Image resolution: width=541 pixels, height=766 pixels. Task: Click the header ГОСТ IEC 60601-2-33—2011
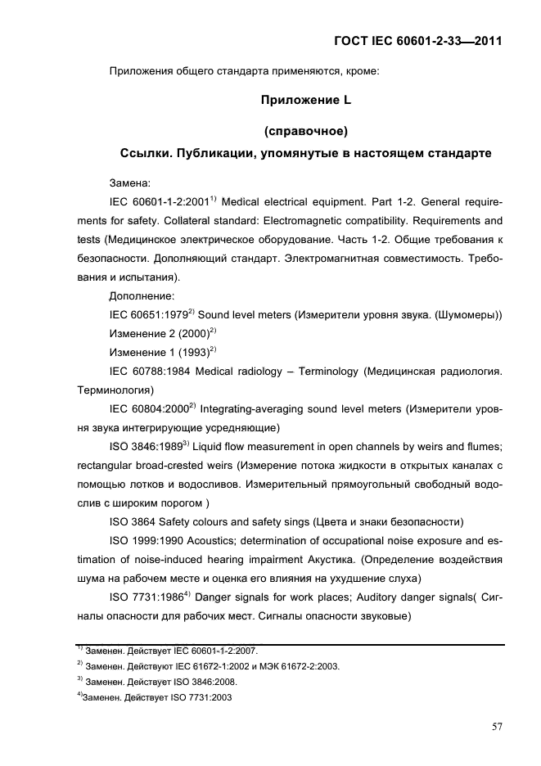(x=417, y=40)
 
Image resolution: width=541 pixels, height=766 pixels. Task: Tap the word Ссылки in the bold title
(x=145, y=153)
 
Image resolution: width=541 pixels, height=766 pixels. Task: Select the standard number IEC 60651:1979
(x=148, y=315)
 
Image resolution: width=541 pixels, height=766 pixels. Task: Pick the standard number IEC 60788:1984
(x=148, y=372)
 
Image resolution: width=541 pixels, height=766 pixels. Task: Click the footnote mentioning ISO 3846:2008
(x=156, y=681)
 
